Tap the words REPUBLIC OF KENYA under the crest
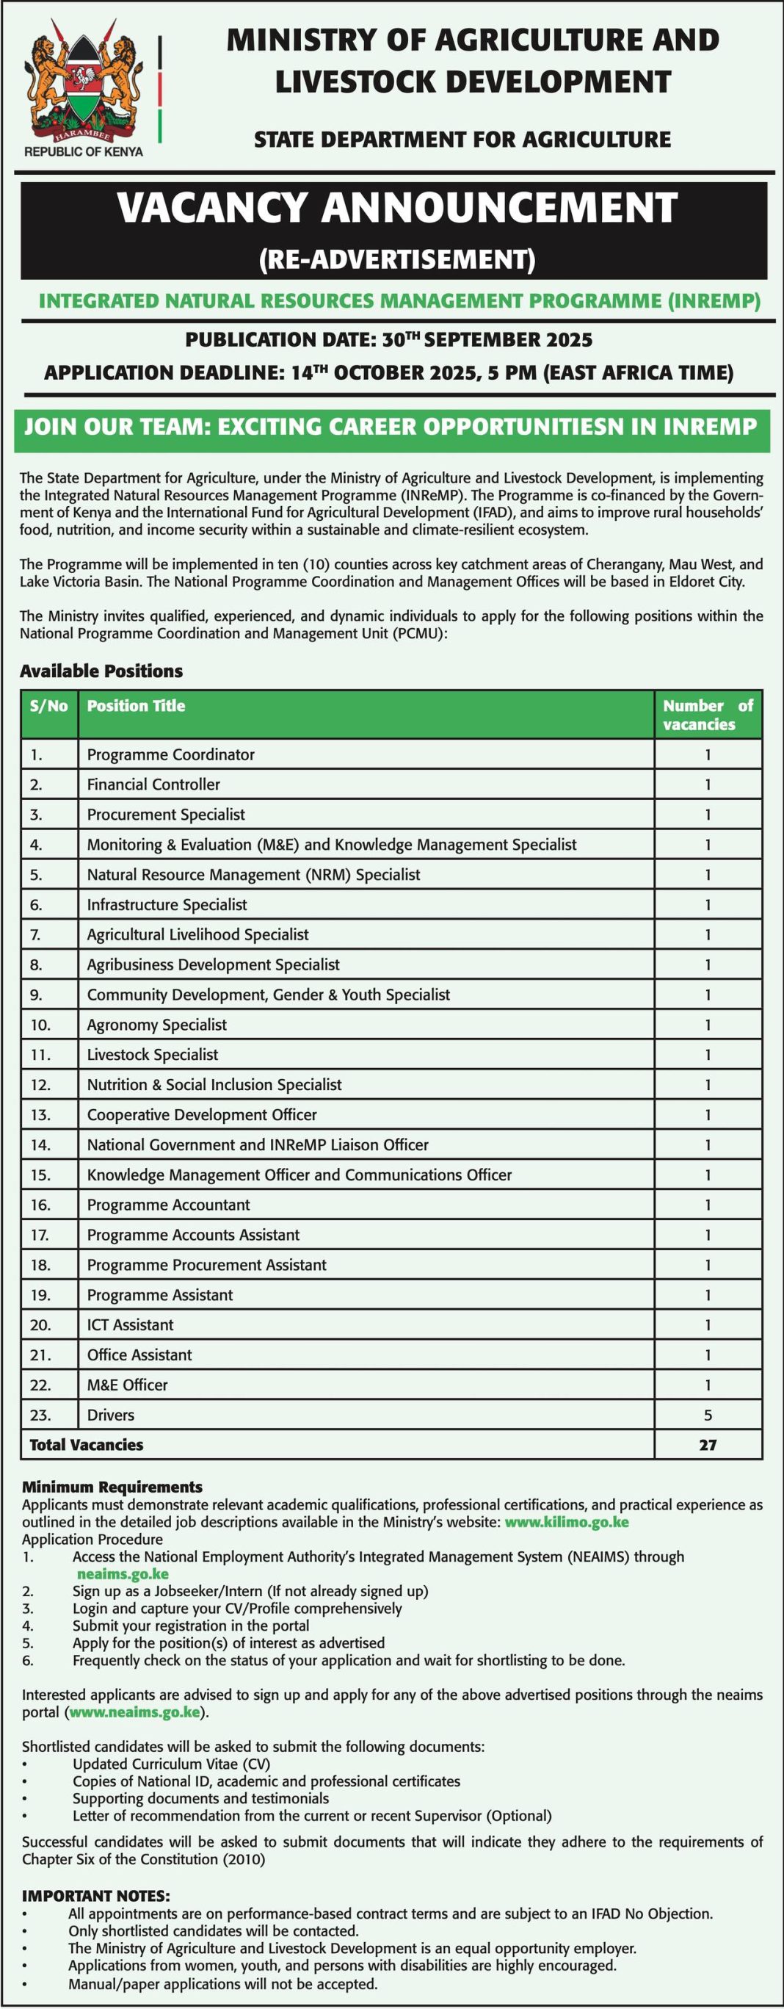click(84, 151)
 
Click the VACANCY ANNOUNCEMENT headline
click(396, 208)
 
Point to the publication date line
click(389, 340)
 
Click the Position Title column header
click(136, 706)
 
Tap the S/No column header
click(48, 706)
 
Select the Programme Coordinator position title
click(170, 754)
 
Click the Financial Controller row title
click(153, 785)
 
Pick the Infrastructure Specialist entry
click(167, 905)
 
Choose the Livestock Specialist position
click(153, 1054)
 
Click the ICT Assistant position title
click(130, 1324)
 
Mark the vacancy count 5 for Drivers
click(708, 1415)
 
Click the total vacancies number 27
click(708, 1445)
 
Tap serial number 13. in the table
click(40, 1115)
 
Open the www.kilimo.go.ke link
click(567, 1521)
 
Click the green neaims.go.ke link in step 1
click(123, 1574)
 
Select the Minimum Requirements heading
click(112, 1487)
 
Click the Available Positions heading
click(101, 671)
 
